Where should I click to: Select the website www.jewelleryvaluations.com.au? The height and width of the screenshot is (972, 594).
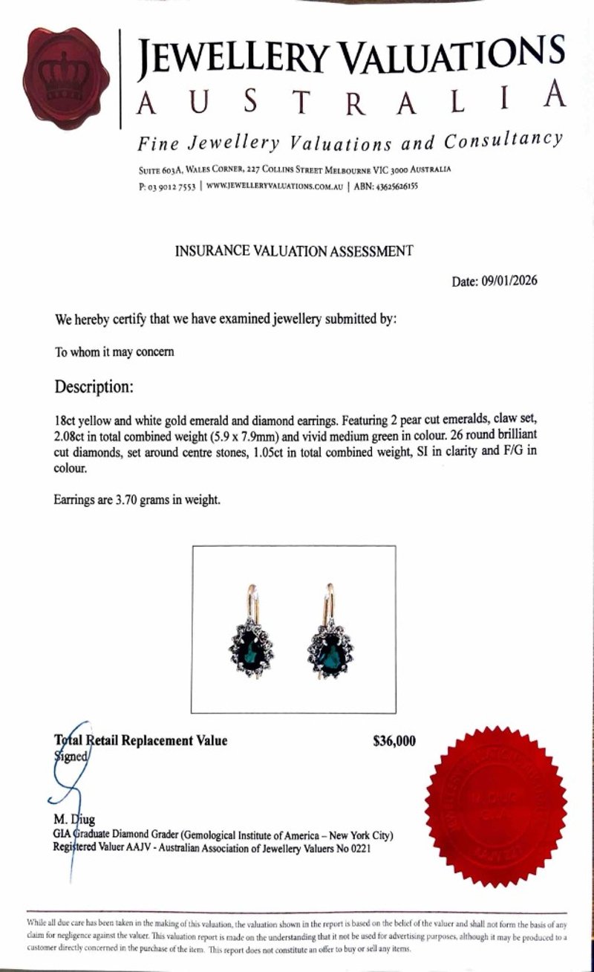pyautogui.click(x=274, y=187)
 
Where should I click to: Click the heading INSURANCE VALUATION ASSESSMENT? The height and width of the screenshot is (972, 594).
pyautogui.click(x=293, y=251)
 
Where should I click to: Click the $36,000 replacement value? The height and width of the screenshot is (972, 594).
pyautogui.click(x=394, y=740)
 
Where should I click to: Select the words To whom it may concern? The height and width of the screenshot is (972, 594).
pyautogui.click(x=114, y=351)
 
